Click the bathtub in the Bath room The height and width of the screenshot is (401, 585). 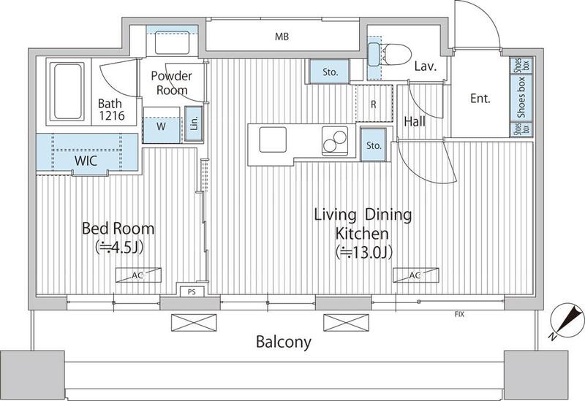[67, 92]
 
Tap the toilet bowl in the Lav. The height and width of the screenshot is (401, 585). [397, 54]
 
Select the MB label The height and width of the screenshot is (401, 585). [282, 37]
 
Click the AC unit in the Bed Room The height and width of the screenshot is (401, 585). [138, 275]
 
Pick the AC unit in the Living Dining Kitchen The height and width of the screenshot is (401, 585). [415, 275]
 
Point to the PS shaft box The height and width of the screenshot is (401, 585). [192, 292]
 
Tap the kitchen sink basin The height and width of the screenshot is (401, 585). [273, 140]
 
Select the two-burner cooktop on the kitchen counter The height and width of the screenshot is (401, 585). [335, 140]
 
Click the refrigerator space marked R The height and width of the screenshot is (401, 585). [374, 104]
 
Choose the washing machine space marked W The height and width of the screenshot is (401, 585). [161, 126]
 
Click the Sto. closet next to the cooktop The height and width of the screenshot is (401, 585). [374, 145]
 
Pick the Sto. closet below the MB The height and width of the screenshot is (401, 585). [330, 72]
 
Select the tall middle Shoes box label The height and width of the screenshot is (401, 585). [521, 98]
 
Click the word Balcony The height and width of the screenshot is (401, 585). [284, 342]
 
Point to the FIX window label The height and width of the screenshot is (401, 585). [459, 315]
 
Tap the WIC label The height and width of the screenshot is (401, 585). [86, 161]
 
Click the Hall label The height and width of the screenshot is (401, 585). [415, 121]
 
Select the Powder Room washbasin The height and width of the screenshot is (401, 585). [173, 43]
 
